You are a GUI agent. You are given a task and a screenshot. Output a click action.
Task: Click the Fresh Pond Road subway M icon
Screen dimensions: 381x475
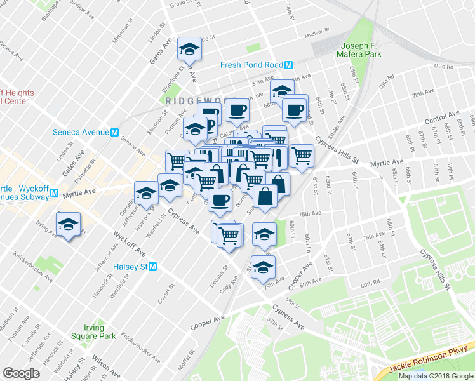click(x=288, y=65)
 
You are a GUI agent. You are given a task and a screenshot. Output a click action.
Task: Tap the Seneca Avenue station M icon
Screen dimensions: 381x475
click(x=115, y=133)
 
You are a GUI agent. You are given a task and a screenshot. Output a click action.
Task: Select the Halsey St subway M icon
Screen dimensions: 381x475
click(x=153, y=267)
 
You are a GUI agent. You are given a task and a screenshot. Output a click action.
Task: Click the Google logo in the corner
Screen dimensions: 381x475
click(x=21, y=373)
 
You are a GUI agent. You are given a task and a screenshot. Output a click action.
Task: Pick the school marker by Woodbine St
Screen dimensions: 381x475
click(x=189, y=48)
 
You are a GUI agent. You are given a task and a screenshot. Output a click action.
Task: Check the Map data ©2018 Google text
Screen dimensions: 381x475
click(x=436, y=376)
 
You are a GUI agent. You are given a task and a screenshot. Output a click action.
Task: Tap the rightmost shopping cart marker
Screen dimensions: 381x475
click(x=302, y=156)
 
